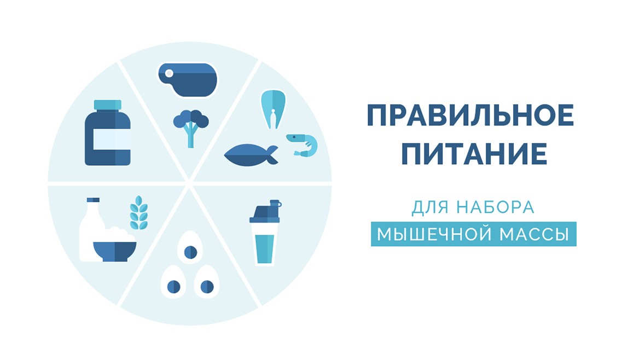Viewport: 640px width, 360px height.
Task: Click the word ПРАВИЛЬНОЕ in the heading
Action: point(470,115)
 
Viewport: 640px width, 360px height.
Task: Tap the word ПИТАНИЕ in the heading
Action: point(474,154)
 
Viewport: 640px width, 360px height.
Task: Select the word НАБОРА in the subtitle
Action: point(496,207)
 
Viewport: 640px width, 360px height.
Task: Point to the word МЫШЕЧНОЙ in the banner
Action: point(434,234)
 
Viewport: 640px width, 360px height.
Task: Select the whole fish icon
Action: point(251,155)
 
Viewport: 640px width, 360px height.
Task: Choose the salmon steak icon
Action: point(273,109)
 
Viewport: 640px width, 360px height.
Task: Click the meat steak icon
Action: point(188,80)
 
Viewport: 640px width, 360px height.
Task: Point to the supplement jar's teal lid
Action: point(108,105)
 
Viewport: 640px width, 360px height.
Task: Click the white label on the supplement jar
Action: point(112,140)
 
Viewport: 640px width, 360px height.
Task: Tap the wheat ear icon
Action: point(139,213)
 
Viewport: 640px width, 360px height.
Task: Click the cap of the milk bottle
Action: point(93,200)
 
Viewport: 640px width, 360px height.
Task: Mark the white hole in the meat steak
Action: point(169,73)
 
